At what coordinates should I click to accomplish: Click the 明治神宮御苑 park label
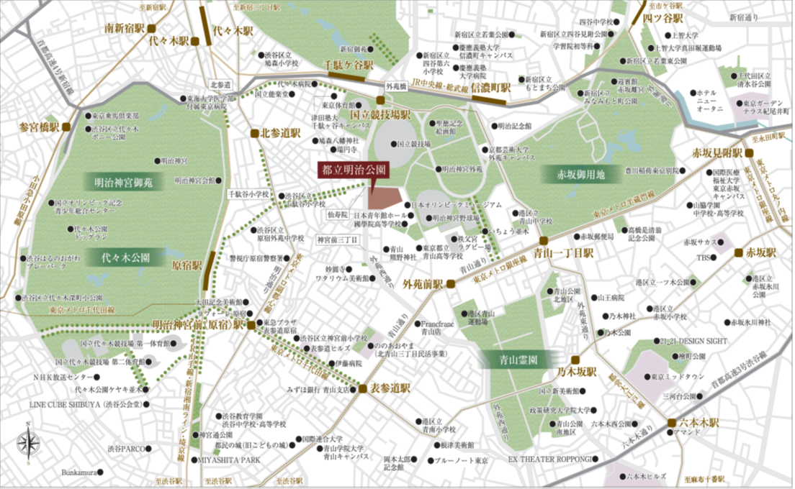123,182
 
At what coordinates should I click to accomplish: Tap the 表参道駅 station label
390,386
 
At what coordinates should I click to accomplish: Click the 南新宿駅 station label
125,29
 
